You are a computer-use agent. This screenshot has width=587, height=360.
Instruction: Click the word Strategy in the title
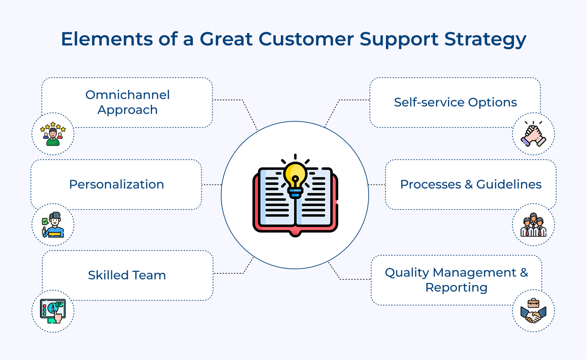coord(485,39)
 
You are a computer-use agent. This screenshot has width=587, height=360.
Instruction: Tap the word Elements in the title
coord(107,39)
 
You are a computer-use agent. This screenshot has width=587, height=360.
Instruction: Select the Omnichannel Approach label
coord(127,102)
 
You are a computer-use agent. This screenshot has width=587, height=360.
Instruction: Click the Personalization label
coord(116,184)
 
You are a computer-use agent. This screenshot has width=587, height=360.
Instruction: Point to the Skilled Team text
coord(127,275)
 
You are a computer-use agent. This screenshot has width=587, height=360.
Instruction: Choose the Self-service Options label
coord(455,102)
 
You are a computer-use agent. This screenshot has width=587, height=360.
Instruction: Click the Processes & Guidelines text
coord(471,184)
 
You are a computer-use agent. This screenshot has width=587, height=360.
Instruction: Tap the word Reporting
coord(456,287)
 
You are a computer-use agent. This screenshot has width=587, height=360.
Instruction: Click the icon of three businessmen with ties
coord(533,225)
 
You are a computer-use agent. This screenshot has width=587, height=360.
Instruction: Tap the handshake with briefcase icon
coord(533,312)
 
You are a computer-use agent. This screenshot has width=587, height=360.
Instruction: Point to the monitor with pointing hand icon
coord(53,311)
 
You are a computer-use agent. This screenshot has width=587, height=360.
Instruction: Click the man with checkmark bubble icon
coord(53,225)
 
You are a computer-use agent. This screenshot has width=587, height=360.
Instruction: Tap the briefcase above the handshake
coord(533,303)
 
